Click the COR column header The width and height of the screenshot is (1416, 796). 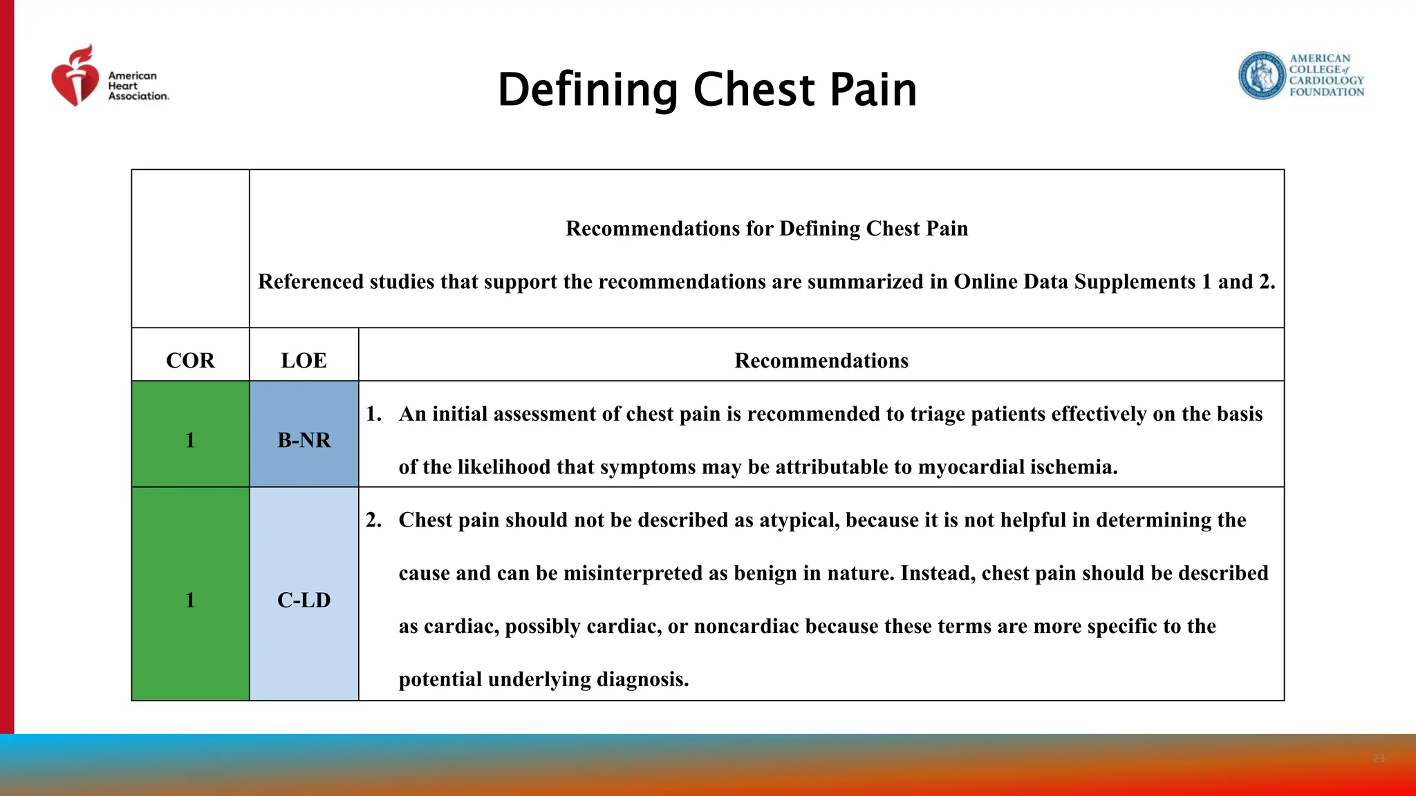[x=190, y=361]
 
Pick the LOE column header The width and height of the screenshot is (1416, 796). [x=304, y=361]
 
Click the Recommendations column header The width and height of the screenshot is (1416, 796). [x=821, y=361]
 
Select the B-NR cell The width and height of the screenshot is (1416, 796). [x=304, y=440]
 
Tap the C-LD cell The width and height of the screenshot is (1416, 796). [x=304, y=600]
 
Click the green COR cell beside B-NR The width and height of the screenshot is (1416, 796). [x=190, y=440]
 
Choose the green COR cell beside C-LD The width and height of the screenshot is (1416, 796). [x=190, y=600]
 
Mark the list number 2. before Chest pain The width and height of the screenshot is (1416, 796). [x=373, y=520]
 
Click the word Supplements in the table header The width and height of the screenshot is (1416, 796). [x=1135, y=282]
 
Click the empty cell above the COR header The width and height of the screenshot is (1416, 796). [x=190, y=249]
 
